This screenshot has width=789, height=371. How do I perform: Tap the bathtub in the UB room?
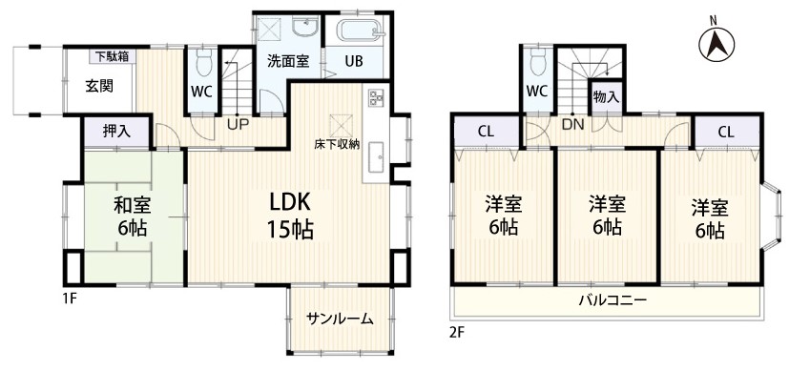[360, 30]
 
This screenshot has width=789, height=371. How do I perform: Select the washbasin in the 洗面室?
[304, 29]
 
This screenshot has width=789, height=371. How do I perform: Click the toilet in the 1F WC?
[203, 61]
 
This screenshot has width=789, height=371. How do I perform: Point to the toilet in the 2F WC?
[538, 60]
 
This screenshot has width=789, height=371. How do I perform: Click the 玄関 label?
[98, 87]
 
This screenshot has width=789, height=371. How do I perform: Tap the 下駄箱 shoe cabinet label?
[112, 56]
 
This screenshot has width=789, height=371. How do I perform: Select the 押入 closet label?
[116, 132]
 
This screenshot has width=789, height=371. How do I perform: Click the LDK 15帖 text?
[291, 216]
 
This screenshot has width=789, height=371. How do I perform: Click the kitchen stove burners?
[376, 97]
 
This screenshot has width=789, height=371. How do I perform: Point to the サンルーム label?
[341, 319]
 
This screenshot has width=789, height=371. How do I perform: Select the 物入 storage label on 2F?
[606, 97]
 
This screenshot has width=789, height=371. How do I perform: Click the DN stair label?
[572, 125]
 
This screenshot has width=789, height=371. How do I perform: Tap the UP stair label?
[238, 124]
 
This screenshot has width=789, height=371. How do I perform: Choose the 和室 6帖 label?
[133, 217]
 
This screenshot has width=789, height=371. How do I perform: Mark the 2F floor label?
[458, 332]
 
